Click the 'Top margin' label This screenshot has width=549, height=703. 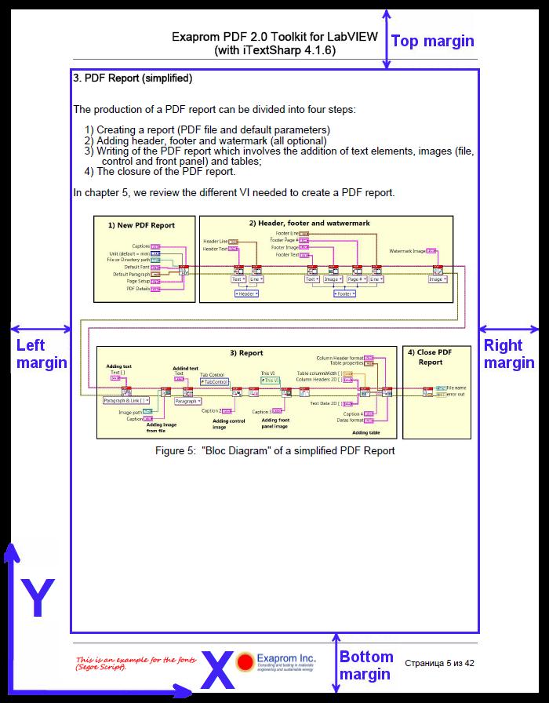coord(432,42)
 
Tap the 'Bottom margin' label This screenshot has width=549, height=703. coord(366,665)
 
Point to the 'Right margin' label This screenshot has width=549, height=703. coord(507,354)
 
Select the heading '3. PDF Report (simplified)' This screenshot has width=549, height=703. coord(133,78)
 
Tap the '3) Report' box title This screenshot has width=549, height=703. coord(246,353)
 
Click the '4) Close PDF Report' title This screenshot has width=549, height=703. coord(430,357)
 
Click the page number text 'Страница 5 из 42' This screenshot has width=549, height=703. coord(440,663)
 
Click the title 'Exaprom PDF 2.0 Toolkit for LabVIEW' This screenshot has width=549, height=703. coord(274,37)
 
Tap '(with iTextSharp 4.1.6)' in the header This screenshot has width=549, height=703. coord(274,50)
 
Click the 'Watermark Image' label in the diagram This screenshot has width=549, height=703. coord(407,251)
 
